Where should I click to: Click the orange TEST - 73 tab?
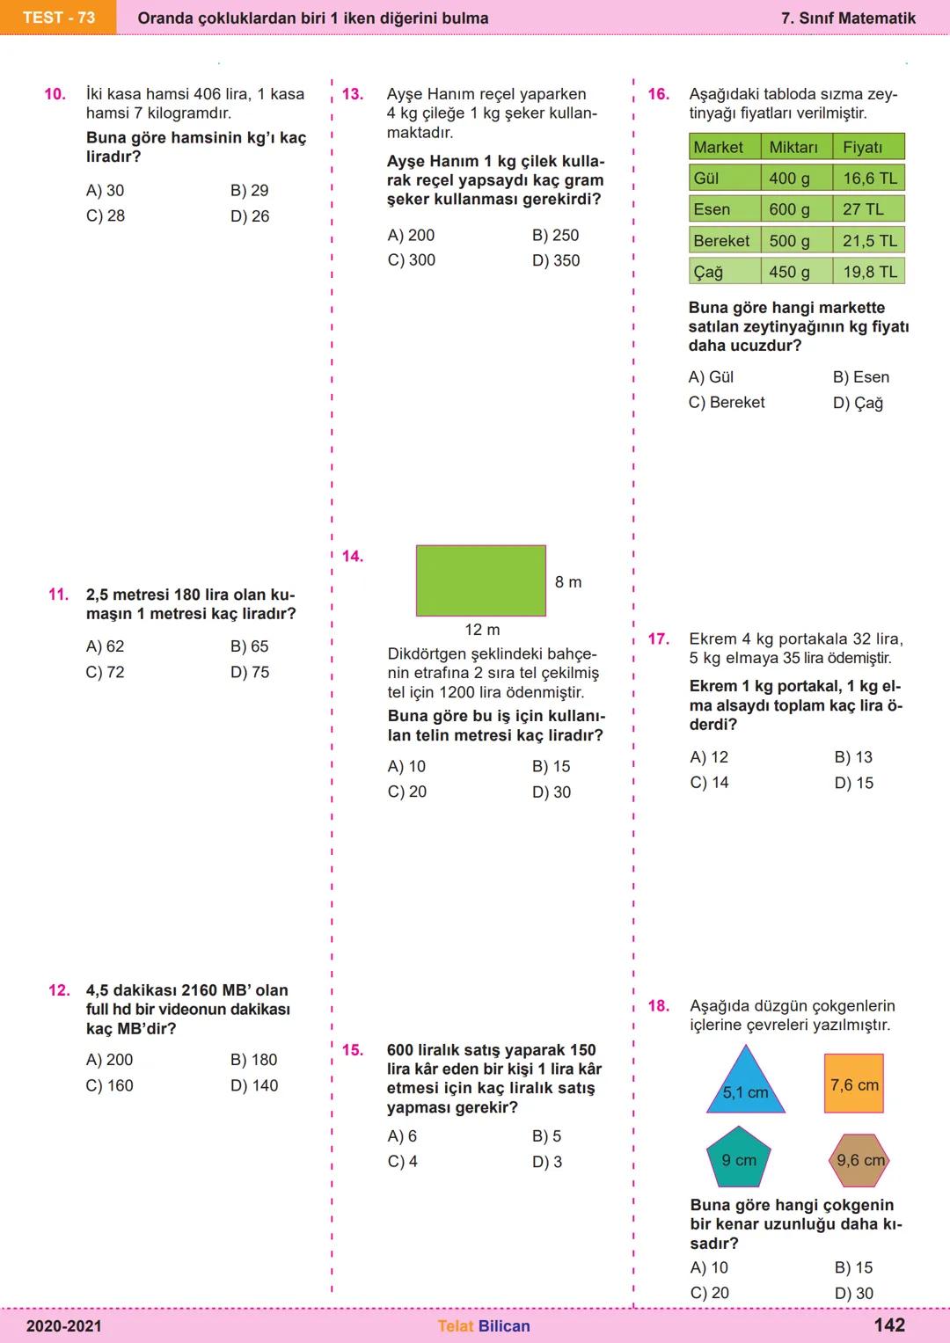click(58, 18)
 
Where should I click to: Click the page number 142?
click(889, 1325)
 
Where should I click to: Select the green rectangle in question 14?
click(480, 580)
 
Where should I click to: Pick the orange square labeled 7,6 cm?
click(854, 1084)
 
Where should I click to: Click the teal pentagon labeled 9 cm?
click(739, 1159)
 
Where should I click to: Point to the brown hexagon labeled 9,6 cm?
click(859, 1160)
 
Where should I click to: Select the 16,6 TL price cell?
click(869, 179)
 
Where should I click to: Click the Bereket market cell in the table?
click(723, 241)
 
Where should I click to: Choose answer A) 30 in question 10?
click(106, 191)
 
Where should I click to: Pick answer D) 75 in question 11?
click(250, 672)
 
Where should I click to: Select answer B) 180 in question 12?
click(254, 1060)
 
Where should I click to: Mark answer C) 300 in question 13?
click(412, 260)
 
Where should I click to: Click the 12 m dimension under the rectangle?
click(482, 630)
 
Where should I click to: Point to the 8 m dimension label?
click(568, 582)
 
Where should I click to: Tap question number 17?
click(659, 639)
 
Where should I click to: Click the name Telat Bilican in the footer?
click(484, 1326)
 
